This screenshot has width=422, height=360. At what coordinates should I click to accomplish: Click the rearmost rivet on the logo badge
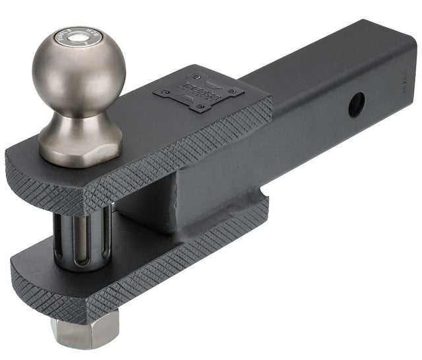coord(198,76)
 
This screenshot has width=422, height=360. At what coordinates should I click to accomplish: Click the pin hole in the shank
coord(357,104)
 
